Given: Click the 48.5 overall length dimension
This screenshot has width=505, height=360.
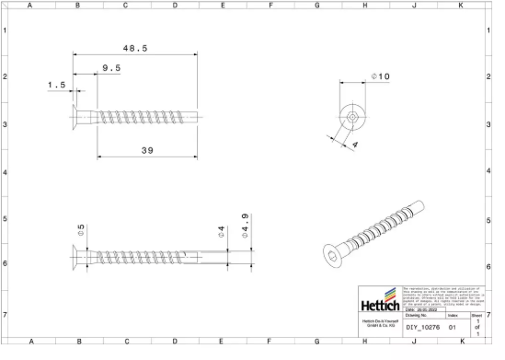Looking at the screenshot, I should click(135, 47).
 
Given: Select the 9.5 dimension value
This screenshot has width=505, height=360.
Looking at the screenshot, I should click(111, 68).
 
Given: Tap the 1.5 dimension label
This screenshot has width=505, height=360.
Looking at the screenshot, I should click(57, 85).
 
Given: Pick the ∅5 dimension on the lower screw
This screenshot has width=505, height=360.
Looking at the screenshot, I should click(81, 230).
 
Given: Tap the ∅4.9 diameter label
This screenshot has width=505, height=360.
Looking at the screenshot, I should click(246, 225).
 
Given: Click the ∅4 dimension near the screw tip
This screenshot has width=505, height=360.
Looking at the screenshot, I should click(221, 230).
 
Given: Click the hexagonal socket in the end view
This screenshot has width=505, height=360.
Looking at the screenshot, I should click(352, 117).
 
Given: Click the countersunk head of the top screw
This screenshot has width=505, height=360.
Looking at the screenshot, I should click(78, 118).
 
